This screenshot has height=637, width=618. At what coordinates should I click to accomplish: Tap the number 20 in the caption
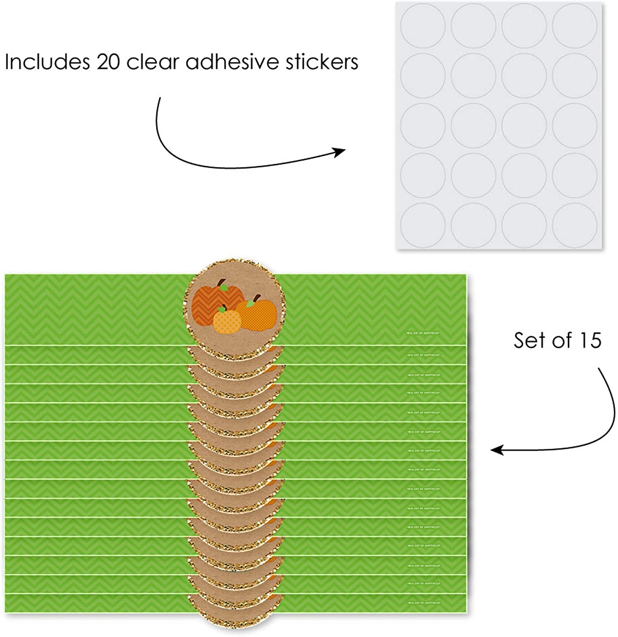pos(105,62)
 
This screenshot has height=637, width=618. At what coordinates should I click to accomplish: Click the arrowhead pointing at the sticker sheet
pos(340,152)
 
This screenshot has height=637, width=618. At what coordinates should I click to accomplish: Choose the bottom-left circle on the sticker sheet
pos(423,224)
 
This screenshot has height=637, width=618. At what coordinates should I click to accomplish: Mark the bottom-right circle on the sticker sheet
pos(575,224)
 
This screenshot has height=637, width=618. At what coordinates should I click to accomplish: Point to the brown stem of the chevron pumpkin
pos(221,283)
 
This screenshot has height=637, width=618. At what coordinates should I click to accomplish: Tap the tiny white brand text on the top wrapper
pos(423,333)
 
